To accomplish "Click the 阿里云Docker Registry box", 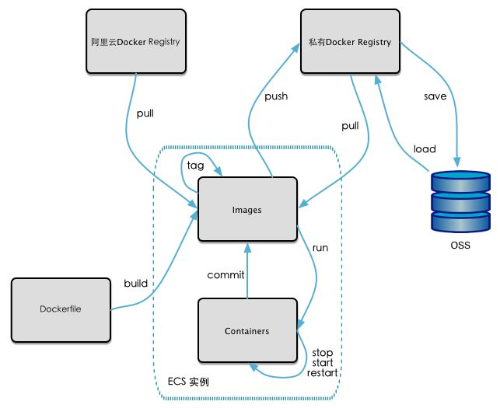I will [136, 41].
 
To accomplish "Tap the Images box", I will [247, 209].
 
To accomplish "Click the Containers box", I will [247, 331].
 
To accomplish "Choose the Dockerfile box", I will [60, 309].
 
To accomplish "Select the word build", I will [135, 283].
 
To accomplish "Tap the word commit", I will [226, 274].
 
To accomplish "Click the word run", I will [320, 248].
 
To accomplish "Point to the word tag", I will [195, 166].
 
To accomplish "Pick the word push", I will [276, 96].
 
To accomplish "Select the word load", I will [425, 149].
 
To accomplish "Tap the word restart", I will [323, 373].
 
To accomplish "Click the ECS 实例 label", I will [188, 382].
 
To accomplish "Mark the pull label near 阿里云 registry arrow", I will [145, 113].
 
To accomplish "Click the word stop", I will [322, 353].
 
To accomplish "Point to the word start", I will [322, 363].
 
